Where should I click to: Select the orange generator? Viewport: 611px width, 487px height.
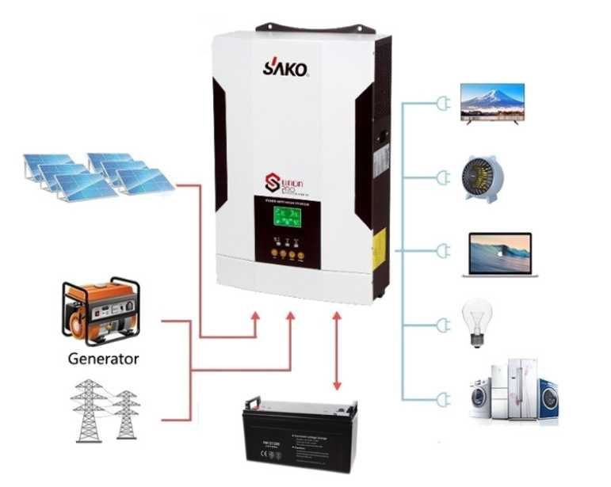102,311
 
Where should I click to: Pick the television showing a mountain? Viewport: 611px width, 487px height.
492,103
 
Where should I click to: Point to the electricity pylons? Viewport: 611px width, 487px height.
106,410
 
